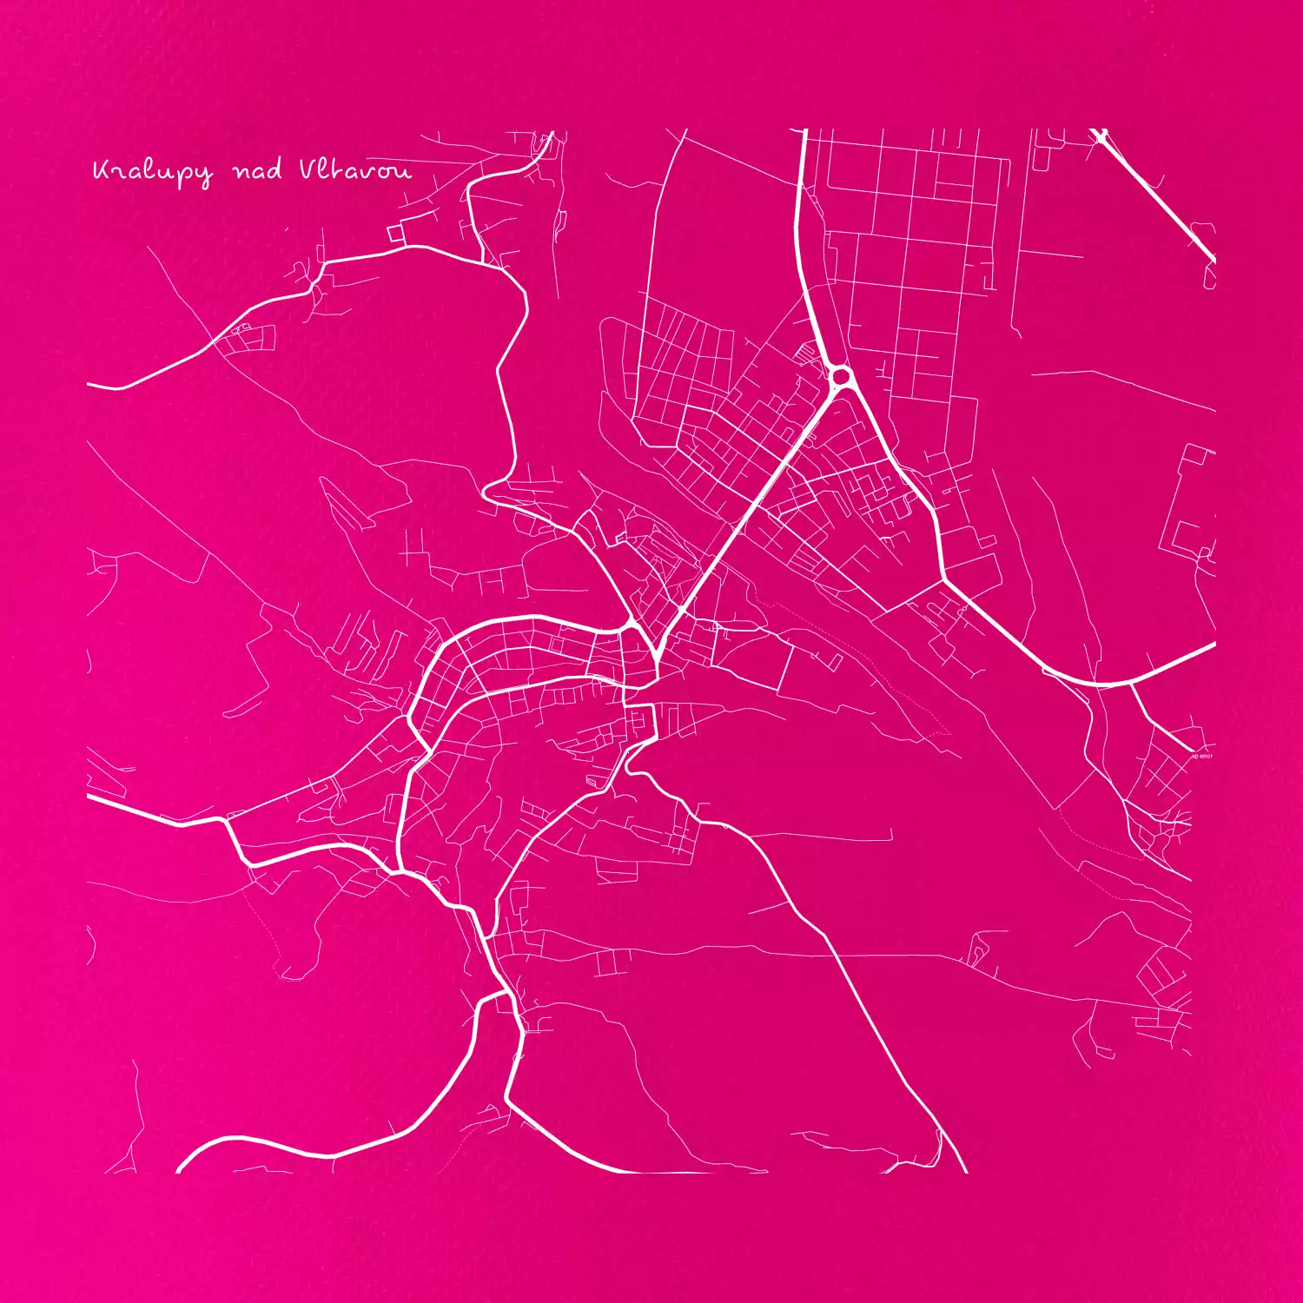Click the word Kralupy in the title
coord(152,172)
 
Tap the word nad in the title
coord(257,170)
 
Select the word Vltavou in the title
coord(354,170)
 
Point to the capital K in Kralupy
coord(101,170)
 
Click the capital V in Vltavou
coord(308,169)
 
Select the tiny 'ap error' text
coord(1201,757)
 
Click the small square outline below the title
coord(396,233)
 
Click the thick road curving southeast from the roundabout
coord(912,486)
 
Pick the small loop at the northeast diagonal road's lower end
coord(1210,275)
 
